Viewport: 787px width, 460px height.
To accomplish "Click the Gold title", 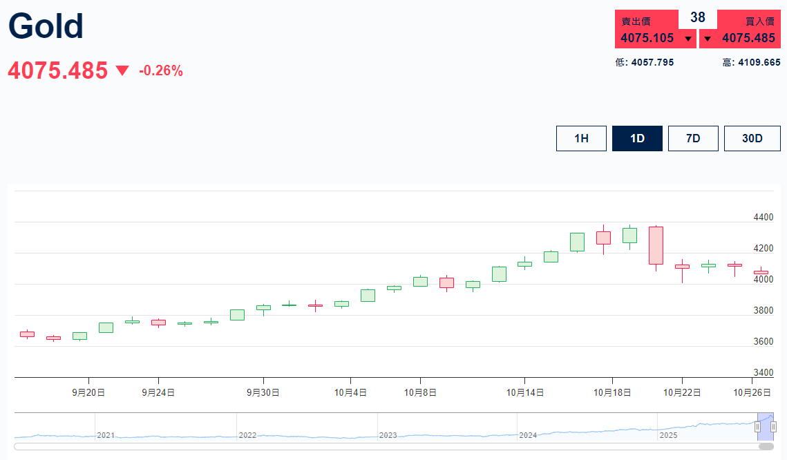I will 46,26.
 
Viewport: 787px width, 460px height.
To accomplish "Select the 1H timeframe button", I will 581,138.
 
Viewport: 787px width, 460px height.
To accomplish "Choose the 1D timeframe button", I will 637,138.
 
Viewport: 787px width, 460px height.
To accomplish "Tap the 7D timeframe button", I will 693,138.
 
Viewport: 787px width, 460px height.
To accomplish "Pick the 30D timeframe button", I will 752,138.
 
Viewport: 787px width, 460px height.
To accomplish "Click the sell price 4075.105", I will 647,38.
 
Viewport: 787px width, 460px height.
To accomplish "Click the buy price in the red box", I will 748,38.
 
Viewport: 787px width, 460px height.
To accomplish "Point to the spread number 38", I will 698,17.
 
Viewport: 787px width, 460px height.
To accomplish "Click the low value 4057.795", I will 652,62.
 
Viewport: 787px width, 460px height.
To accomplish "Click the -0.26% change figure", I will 161,70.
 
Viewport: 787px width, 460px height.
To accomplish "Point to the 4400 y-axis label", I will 764,217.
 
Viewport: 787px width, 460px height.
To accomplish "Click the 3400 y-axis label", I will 764,372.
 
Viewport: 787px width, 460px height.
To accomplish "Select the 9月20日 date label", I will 88,392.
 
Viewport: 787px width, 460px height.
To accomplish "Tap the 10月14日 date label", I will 525,392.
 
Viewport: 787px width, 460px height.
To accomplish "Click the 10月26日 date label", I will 752,392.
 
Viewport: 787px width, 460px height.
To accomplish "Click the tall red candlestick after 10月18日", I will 656,245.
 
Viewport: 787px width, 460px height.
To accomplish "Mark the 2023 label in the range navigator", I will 388,435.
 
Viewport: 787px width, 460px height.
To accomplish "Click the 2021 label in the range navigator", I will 106,435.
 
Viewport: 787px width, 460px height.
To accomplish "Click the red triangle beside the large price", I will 122,70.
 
